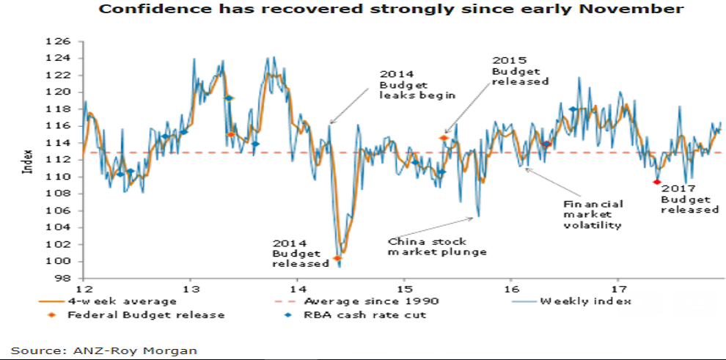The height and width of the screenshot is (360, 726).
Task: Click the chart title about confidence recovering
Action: [x=391, y=10]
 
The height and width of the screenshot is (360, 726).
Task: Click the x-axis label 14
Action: [x=296, y=287]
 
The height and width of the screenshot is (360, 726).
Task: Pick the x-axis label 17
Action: [x=617, y=287]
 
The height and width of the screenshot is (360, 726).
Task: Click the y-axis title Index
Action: [x=29, y=160]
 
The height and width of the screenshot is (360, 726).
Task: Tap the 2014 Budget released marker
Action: [x=337, y=258]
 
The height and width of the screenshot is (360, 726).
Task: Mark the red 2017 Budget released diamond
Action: [x=656, y=182]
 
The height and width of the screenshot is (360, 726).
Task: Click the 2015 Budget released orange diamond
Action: [x=444, y=138]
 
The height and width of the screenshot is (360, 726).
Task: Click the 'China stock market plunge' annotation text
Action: [x=436, y=246]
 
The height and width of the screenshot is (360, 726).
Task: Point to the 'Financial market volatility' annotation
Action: [x=593, y=214]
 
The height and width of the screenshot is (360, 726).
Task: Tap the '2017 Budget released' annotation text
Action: [x=689, y=199]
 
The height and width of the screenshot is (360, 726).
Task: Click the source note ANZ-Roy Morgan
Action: [x=103, y=350]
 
